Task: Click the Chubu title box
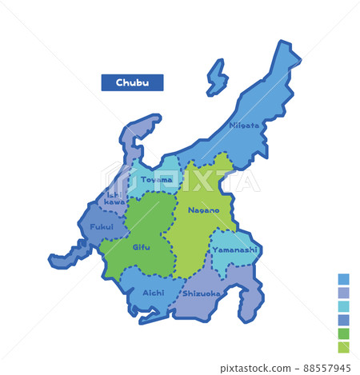(132, 82)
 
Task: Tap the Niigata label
(244, 126)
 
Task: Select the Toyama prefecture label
(157, 179)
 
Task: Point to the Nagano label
(203, 209)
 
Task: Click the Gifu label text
(141, 246)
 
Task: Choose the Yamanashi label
(234, 249)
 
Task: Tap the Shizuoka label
(202, 293)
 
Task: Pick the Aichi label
(153, 293)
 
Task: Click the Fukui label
(102, 226)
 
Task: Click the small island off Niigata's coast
(216, 78)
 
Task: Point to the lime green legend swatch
(343, 347)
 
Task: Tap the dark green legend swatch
(343, 333)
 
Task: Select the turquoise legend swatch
(343, 306)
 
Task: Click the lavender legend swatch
(343, 293)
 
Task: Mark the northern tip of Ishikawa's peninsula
(152, 119)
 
